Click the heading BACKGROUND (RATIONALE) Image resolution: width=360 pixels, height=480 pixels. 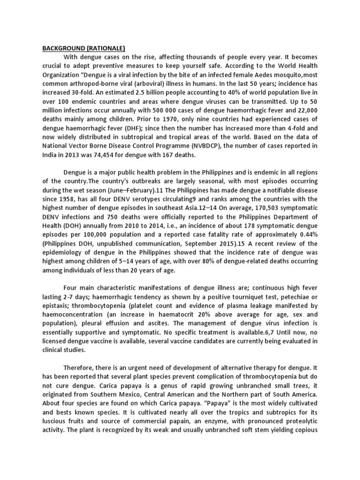click(x=84, y=48)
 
